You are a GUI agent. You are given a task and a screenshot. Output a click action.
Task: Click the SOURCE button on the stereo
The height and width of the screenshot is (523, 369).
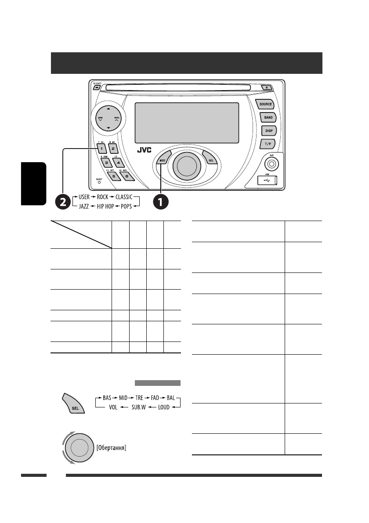[265, 105]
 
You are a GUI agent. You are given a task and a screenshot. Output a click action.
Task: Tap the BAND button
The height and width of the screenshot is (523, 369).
[268, 118]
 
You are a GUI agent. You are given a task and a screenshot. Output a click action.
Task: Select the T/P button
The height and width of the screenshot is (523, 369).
[268, 143]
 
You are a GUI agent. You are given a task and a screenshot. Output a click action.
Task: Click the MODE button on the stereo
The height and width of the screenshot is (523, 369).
[163, 160]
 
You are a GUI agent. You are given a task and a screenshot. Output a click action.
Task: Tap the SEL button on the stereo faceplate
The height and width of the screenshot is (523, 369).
[210, 160]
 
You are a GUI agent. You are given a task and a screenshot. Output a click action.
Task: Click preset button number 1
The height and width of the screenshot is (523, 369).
[100, 149]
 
